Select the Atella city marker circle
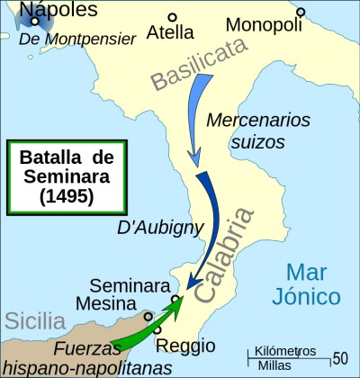pos(172,15)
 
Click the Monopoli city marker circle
pos(301,12)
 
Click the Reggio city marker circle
pos(157,331)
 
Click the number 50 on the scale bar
pos(340,358)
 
